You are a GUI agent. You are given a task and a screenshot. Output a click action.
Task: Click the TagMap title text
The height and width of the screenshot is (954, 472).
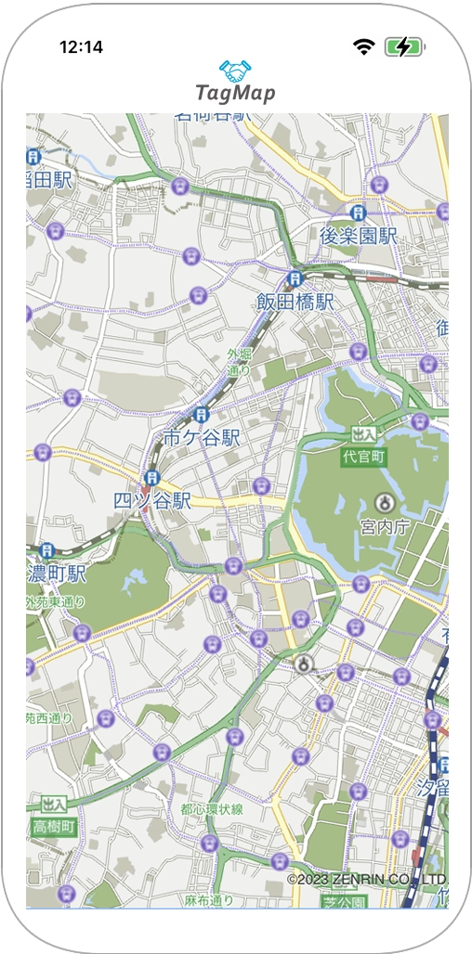235,93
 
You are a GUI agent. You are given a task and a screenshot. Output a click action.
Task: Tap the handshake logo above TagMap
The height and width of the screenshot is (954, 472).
235,70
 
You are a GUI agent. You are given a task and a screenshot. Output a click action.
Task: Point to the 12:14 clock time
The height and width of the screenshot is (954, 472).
81,46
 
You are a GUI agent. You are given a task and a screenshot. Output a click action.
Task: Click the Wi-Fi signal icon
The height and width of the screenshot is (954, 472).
363,46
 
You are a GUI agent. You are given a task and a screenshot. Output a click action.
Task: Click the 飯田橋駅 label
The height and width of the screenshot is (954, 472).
295,302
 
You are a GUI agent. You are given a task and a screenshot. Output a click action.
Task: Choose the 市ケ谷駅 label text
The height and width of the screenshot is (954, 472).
202,437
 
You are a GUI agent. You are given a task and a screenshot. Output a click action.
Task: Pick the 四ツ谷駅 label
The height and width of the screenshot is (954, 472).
152,500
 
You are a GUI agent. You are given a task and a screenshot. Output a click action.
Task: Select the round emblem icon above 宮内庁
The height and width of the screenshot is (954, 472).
383,503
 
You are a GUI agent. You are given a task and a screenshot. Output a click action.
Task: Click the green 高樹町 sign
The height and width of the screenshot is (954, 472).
53,826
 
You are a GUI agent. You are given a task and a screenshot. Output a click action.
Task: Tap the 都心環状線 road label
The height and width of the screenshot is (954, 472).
212,809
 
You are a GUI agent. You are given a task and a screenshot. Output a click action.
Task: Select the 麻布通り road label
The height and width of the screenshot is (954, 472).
208,900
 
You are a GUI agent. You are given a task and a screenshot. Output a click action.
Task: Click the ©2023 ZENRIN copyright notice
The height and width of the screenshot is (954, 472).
366,879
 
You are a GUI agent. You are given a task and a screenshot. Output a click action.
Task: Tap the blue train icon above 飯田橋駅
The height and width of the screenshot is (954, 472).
295,277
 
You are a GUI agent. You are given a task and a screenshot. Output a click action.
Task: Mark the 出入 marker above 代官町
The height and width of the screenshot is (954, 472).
364,434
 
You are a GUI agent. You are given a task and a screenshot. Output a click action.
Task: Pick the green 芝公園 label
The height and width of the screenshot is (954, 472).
345,901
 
